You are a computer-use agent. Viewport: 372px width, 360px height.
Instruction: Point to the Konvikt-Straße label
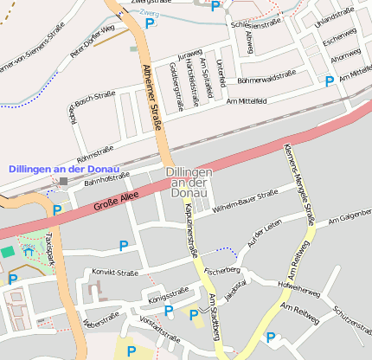[x=114, y=273]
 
